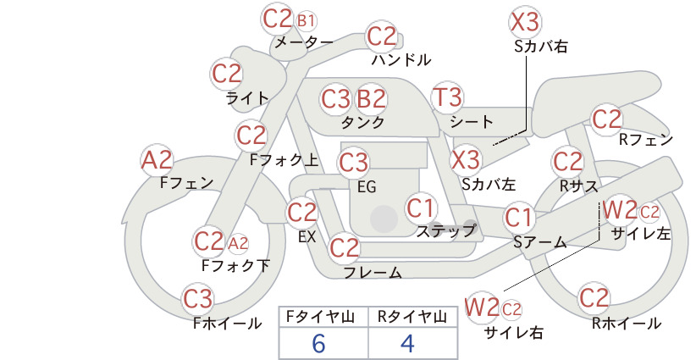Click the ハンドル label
tap(401, 59)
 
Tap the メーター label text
tap(304, 42)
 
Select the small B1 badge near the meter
tap(307, 21)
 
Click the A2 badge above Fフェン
tap(157, 160)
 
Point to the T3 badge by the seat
tap(447, 97)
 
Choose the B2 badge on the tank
tap(371, 98)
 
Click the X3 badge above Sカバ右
tap(525, 22)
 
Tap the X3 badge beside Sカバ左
tap(465, 160)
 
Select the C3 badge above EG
tap(353, 163)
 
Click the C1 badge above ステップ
tap(421, 208)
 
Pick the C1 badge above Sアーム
tap(518, 218)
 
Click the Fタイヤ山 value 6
tap(318, 343)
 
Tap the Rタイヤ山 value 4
tap(407, 343)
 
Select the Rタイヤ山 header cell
tap(412, 317)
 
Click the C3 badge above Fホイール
tap(198, 299)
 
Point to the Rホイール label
tap(627, 324)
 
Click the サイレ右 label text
tap(514, 333)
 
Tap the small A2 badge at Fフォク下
tap(239, 243)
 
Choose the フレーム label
tap(373, 273)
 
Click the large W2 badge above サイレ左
tap(621, 210)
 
